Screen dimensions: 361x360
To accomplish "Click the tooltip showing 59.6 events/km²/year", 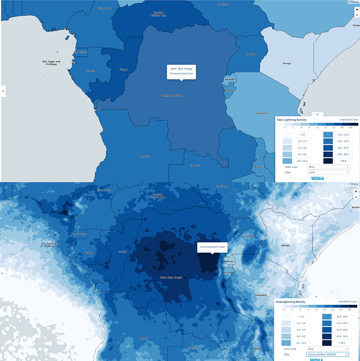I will coord(181,71).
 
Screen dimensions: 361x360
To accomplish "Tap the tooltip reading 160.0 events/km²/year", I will coord(212,247).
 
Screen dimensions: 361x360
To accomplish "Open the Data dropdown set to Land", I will coord(328,172).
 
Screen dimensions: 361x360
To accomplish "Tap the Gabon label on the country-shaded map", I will coord(90,71).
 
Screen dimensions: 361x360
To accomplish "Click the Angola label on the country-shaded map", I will coord(145,156).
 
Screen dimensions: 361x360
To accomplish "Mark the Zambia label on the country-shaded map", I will coord(194,165).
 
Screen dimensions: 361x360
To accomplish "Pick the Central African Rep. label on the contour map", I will coord(158,196).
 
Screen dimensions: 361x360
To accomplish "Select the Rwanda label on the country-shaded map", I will coord(229,80).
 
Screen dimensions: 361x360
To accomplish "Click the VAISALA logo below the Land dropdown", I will coord(318,178).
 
